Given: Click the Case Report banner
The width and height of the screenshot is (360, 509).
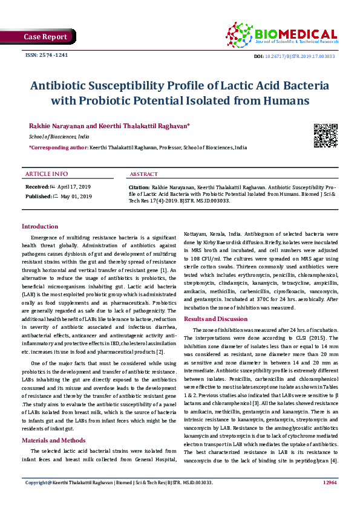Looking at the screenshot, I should click(x=45, y=37).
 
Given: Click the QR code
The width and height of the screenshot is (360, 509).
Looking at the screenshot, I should click(x=325, y=135).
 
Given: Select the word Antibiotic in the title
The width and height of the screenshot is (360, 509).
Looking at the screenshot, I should click(x=68, y=86).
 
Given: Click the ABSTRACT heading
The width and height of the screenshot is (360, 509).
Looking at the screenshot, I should click(x=144, y=174).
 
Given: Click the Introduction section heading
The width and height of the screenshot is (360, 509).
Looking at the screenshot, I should click(x=40, y=226).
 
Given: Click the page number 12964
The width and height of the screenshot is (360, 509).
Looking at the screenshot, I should click(x=330, y=499).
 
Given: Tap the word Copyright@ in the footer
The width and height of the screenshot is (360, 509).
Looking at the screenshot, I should click(x=37, y=499).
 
